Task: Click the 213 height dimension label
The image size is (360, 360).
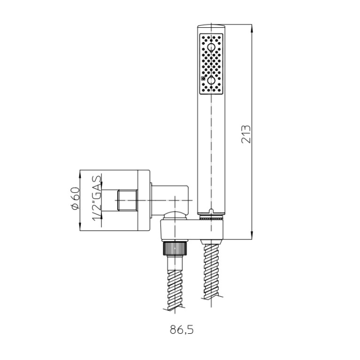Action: pyautogui.click(x=246, y=134)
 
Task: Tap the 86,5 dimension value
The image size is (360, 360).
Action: pyautogui.click(x=182, y=330)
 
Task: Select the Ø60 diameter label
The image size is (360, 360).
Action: pyautogui.click(x=76, y=199)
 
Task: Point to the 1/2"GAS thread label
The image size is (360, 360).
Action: pyautogui.click(x=97, y=198)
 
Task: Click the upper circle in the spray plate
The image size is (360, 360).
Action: pyautogui.click(x=211, y=48)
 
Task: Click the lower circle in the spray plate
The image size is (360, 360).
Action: pyautogui.click(x=211, y=80)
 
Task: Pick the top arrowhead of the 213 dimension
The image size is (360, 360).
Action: pyautogui.click(x=252, y=29)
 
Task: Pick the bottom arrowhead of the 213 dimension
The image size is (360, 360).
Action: pyautogui.click(x=252, y=235)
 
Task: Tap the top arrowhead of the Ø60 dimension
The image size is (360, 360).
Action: pyautogui.click(x=80, y=174)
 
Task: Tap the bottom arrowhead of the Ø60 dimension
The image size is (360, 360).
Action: pyautogui.click(x=80, y=226)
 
